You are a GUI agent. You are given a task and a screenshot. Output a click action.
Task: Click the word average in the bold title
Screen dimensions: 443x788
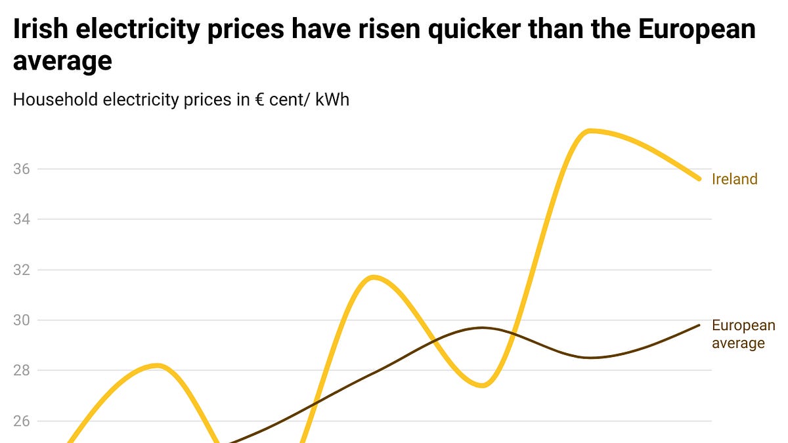coord(62,61)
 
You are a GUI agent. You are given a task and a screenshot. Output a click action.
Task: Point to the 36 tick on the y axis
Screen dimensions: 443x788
coord(22,169)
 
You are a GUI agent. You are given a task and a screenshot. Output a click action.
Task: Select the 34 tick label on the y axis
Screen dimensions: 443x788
coord(22,219)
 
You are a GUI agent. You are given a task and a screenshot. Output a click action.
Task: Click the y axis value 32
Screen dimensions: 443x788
coord(22,270)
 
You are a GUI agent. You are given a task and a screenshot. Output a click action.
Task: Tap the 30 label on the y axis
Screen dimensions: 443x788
coord(22,320)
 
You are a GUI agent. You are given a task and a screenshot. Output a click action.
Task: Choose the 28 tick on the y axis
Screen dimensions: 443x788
coord(22,371)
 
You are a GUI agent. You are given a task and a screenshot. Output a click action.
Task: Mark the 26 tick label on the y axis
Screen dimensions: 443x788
coord(22,421)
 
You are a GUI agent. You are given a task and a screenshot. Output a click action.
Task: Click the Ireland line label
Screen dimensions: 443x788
coord(734,179)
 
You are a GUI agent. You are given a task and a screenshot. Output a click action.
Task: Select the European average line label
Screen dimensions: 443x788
coord(743,334)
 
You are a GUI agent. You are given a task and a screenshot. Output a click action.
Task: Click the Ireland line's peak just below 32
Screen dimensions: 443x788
coord(374,277)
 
